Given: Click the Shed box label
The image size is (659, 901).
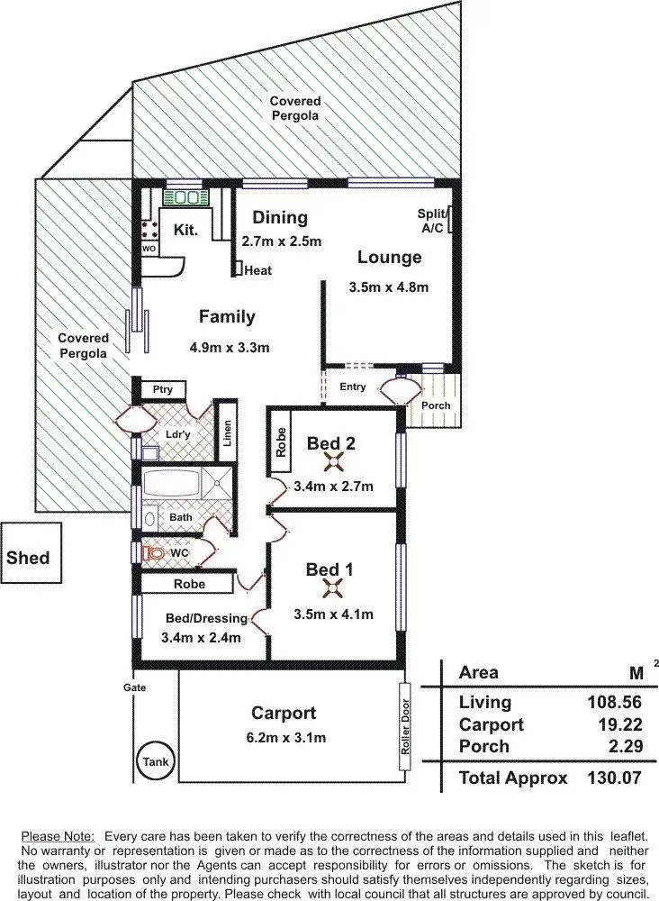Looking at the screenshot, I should [28, 557].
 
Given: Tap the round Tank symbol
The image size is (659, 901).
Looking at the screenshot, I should [155, 762].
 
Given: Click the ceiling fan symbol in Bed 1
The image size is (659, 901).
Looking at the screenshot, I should [333, 588].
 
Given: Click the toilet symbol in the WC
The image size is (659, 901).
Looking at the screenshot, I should [155, 551].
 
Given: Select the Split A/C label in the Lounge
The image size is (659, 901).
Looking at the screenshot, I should [432, 221].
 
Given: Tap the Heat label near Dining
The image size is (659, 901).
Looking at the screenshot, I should [257, 270].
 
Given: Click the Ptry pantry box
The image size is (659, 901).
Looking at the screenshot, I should [162, 389].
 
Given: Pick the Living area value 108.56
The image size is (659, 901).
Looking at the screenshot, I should [591, 702].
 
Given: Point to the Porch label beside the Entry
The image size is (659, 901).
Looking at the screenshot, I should [436, 405].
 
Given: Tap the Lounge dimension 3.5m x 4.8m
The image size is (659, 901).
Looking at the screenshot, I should [388, 287].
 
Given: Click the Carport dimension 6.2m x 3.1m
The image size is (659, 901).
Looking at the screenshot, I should [284, 737].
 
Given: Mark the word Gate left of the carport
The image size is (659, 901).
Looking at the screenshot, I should [135, 687].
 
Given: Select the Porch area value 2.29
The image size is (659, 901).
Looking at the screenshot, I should [602, 746].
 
